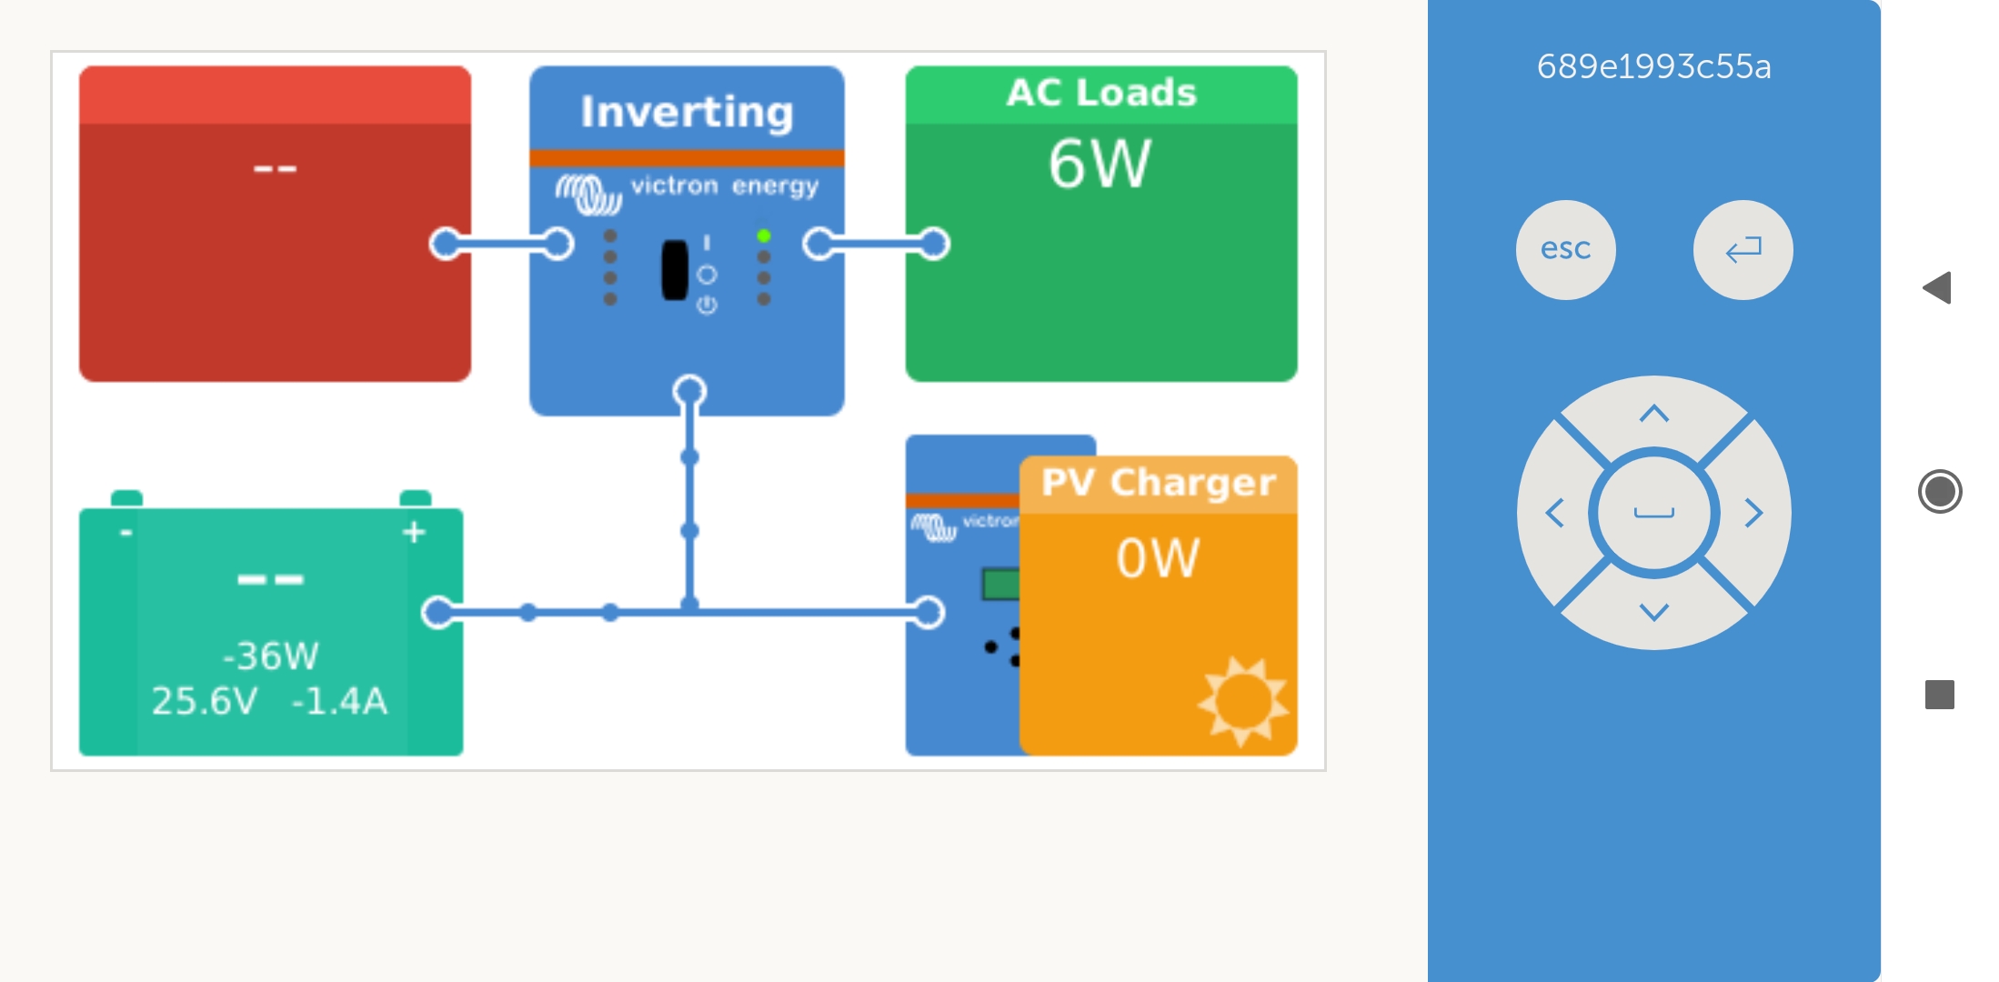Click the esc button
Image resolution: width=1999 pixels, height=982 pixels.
[1565, 249]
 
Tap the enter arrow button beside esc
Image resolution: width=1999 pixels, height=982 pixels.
[1743, 249]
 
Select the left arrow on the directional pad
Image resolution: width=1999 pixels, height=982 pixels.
[1554, 513]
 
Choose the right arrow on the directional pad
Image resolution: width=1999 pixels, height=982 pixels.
[1754, 513]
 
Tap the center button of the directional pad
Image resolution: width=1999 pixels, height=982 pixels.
[1653, 513]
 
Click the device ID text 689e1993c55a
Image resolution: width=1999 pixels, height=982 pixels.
[1653, 66]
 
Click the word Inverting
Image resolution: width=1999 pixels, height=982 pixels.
[687, 112]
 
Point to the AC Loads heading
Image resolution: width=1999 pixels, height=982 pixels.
[1100, 93]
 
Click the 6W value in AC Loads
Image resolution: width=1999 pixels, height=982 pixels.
[1100, 165]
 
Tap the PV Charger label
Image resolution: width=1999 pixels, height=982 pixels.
[1158, 483]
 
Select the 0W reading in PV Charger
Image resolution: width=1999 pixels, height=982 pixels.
[1158, 557]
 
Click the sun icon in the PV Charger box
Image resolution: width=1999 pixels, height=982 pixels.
[1243, 701]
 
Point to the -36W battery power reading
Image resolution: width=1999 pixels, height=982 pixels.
[271, 656]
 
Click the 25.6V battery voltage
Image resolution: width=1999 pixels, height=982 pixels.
[205, 701]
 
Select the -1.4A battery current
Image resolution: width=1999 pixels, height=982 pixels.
[339, 701]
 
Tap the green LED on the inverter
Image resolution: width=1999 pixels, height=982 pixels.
[764, 236]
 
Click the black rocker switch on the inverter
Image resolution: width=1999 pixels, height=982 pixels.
[674, 270]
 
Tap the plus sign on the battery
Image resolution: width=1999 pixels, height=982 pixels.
[414, 532]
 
